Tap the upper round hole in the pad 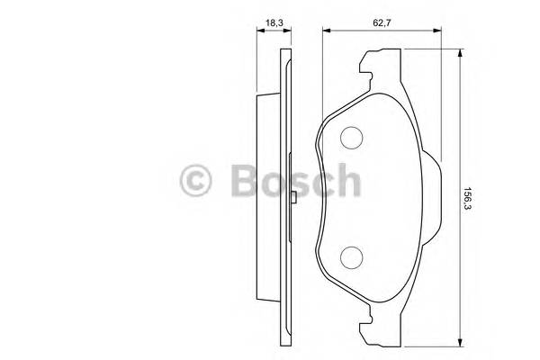pos(350,138)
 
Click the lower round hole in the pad pos(350,258)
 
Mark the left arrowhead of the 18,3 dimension pos(258,31)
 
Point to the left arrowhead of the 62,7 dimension pos(325,31)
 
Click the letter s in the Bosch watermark pos(296,184)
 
